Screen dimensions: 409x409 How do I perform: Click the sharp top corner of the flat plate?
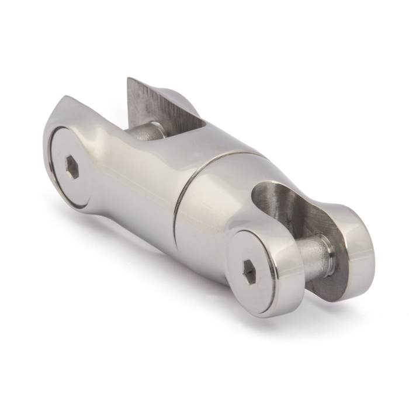[x=130, y=79]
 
